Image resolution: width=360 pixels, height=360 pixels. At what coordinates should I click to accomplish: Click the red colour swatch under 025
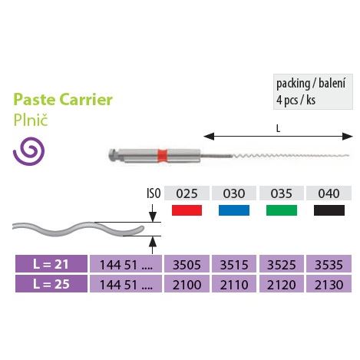[x=187, y=210]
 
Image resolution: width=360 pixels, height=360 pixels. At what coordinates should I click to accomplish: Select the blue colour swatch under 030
[x=234, y=210]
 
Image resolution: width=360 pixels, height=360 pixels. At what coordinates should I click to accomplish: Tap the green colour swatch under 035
[x=282, y=210]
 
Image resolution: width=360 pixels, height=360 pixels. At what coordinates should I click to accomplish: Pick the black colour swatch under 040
[x=329, y=210]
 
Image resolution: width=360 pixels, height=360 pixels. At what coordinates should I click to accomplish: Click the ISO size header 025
[x=187, y=193]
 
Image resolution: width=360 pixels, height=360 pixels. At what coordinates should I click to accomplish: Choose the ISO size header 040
[x=329, y=193]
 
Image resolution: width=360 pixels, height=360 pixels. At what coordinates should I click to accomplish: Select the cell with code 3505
[x=187, y=264]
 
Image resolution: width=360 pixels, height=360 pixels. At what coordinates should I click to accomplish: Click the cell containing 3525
[x=282, y=264]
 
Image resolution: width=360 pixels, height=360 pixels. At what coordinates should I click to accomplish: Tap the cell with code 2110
[x=234, y=284]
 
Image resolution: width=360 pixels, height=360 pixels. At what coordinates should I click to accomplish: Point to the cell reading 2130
[x=329, y=284]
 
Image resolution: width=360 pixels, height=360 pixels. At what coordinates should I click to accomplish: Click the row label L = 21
[x=51, y=264]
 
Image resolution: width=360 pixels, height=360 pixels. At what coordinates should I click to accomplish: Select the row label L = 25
[x=51, y=284]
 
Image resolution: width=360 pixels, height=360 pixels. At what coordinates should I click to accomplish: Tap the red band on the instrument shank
[x=162, y=156]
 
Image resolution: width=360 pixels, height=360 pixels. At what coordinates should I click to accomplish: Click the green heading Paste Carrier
[x=63, y=100]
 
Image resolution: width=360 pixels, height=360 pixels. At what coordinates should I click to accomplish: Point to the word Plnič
[x=31, y=120]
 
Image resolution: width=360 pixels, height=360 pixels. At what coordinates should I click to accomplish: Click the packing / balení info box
[x=313, y=91]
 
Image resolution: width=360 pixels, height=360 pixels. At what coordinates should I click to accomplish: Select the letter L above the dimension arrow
[x=278, y=128]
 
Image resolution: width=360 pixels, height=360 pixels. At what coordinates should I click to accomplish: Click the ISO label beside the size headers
[x=154, y=193]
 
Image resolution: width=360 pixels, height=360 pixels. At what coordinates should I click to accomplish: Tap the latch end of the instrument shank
[x=112, y=156]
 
